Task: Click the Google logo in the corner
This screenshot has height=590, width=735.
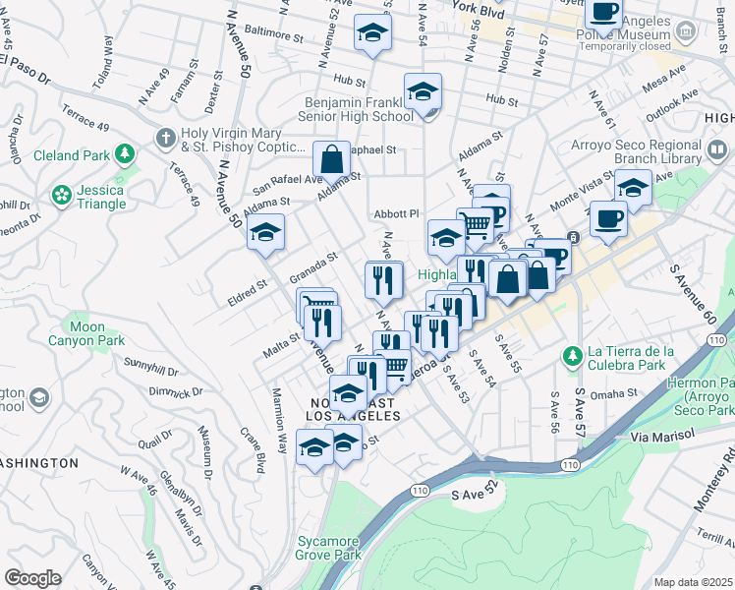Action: (32, 578)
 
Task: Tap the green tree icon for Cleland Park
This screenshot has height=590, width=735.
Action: (125, 153)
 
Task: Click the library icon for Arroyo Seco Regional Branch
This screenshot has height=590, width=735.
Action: (718, 150)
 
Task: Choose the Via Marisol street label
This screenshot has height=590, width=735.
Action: (662, 434)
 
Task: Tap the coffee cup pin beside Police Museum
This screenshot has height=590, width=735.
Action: (602, 12)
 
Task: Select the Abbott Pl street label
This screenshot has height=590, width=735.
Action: (396, 213)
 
